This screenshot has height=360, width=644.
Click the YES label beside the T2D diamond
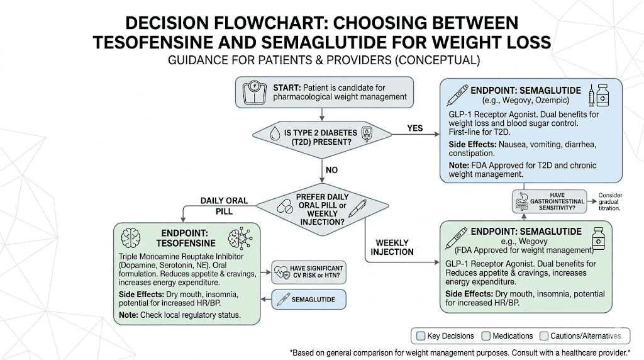[x=414, y=128]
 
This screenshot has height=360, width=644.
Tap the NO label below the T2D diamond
[x=331, y=170]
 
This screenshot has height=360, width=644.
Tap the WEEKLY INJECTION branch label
[x=392, y=247]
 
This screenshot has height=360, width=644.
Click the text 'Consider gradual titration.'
[x=609, y=201]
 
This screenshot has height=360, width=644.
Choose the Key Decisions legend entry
[x=444, y=336]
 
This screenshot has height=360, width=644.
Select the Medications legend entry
[x=509, y=336]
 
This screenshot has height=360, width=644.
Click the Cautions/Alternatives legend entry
[x=584, y=336]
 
